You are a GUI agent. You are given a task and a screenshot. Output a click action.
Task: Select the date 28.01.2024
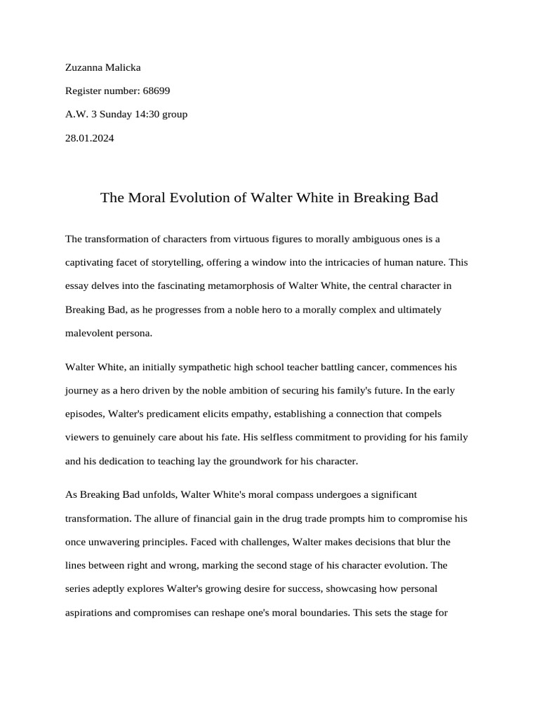[x=89, y=138]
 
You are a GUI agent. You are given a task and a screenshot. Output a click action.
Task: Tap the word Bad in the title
[x=424, y=198]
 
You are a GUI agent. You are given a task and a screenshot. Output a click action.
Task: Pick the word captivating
[x=92, y=263]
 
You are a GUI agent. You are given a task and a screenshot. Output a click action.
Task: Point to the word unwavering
[x=126, y=542]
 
